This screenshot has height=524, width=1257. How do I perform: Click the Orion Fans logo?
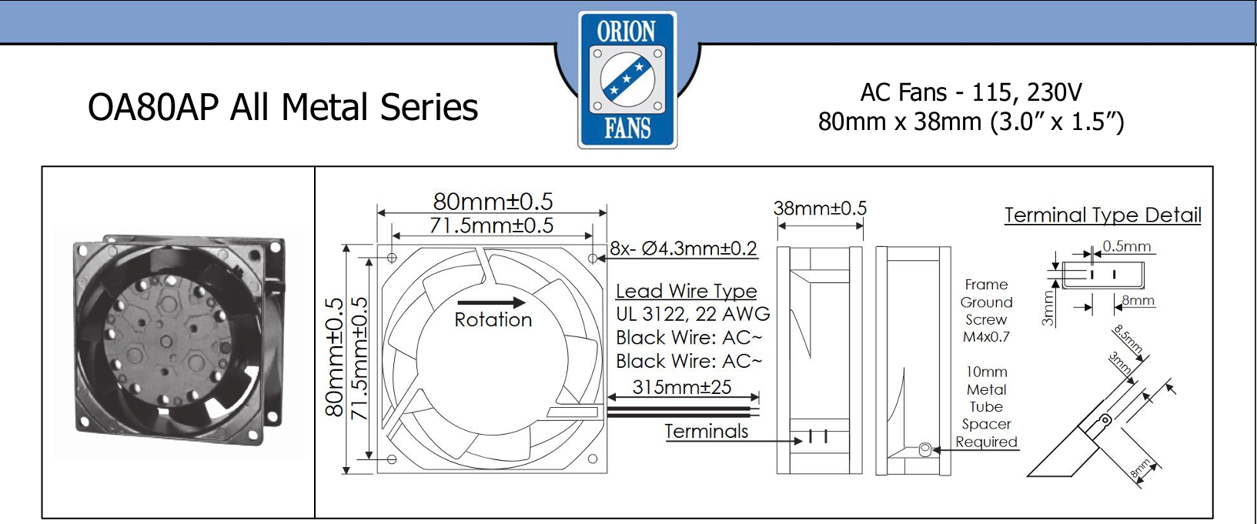[627, 80]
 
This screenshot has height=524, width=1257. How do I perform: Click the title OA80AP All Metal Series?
[282, 107]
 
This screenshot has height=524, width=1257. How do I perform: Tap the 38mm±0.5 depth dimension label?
[820, 209]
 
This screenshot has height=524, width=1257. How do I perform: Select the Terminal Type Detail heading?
[1103, 215]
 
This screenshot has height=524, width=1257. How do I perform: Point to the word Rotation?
[493, 320]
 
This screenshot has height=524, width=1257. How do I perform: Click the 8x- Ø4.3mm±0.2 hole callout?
[684, 249]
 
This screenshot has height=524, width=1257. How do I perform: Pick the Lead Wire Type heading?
[687, 291]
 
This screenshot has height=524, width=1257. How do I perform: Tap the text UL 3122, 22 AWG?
[693, 314]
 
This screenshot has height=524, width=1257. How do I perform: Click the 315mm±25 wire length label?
[682, 386]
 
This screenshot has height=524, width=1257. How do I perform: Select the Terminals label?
[707, 431]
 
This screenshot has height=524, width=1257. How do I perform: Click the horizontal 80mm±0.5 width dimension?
[493, 201]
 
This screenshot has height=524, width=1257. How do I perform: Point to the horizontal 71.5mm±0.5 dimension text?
[492, 225]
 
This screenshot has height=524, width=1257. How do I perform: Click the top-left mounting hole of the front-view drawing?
[392, 258]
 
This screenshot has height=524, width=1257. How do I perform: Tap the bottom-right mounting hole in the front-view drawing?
[593, 459]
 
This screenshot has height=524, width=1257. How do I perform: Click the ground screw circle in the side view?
[924, 449]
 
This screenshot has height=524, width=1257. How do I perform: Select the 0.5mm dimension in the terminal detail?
[1127, 246]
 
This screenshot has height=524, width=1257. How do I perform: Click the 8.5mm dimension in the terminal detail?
[1128, 339]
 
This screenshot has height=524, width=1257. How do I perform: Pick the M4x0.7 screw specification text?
[986, 337]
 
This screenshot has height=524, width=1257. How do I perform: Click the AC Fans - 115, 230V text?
[971, 92]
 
